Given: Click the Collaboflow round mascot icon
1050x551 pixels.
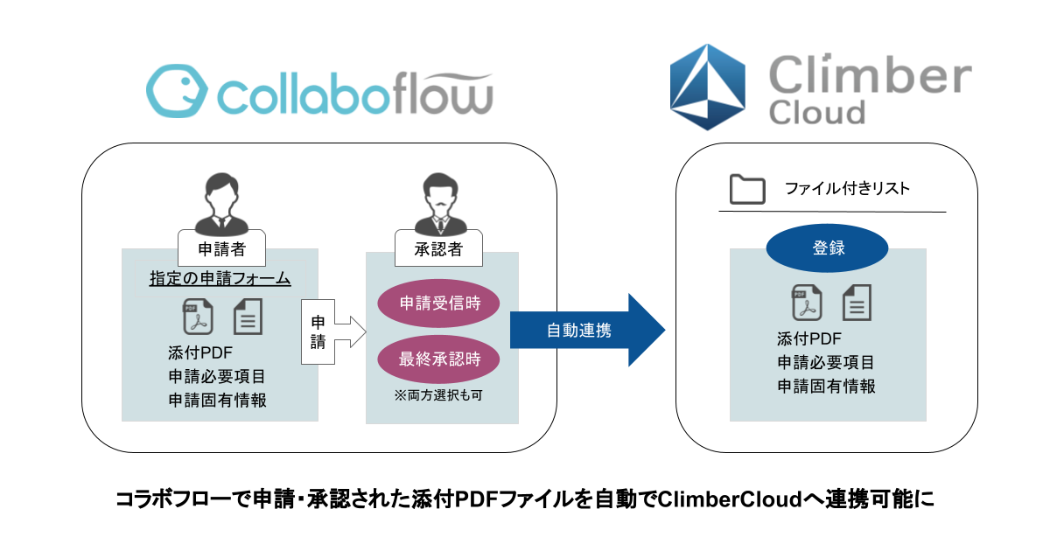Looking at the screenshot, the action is [x=177, y=91].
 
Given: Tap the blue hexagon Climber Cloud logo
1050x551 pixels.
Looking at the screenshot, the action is [x=707, y=87].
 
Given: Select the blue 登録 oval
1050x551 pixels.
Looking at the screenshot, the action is [x=828, y=248].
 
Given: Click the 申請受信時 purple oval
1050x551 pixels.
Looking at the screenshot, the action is [x=438, y=303].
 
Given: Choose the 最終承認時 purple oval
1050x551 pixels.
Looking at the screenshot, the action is [x=438, y=359].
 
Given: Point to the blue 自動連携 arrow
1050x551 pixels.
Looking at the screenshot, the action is [x=587, y=331].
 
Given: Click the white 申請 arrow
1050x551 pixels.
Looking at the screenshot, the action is [x=333, y=331].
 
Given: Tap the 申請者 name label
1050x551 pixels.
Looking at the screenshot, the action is [x=221, y=248].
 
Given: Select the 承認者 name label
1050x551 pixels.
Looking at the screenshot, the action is [x=438, y=248].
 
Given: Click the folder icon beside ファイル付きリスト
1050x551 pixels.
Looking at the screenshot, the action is [x=747, y=189].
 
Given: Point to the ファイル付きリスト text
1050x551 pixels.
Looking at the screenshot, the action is [x=847, y=188].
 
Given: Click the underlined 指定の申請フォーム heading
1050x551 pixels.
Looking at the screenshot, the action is [x=220, y=278].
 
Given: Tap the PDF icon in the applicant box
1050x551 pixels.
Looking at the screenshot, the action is [x=198, y=317].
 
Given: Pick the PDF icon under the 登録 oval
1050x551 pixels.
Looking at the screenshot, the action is [x=807, y=303].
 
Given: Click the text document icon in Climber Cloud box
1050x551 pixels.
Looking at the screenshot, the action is [x=857, y=303].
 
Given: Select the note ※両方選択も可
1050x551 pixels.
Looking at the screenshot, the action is [x=438, y=395].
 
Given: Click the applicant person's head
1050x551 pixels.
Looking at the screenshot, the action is [x=221, y=193].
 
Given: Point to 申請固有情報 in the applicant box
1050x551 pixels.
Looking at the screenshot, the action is [x=218, y=401].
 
